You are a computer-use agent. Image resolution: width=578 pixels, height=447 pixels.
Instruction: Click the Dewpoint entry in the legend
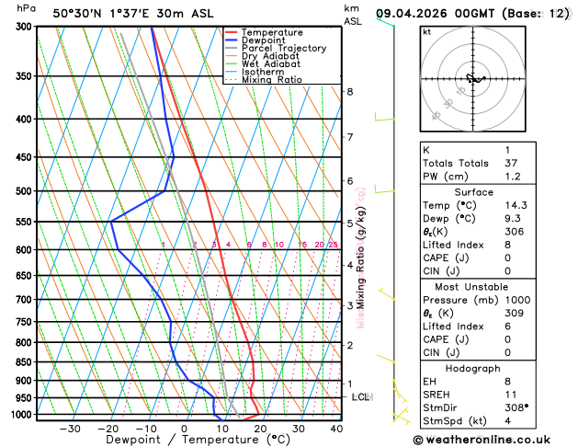tap(262, 40)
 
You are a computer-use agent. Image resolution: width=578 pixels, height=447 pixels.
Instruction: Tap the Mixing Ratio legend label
tap(272, 79)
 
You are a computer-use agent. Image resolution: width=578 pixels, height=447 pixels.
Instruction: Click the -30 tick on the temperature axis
tap(69, 429)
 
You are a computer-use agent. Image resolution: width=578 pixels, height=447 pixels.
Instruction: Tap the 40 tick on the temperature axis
tap(336, 429)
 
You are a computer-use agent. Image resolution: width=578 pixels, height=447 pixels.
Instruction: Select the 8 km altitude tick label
tap(349, 92)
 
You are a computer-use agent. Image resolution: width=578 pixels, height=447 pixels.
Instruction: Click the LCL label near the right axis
tap(361, 397)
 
